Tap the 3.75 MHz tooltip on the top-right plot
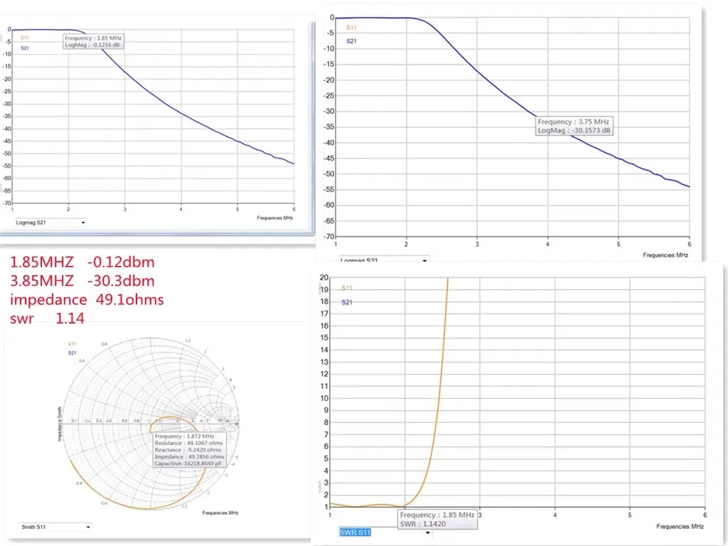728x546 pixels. (x=574, y=126)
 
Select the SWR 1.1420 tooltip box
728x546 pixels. (x=437, y=519)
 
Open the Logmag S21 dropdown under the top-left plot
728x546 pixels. (x=50, y=223)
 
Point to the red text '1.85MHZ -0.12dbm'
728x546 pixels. (x=82, y=262)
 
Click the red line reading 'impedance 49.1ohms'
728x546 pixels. (x=87, y=300)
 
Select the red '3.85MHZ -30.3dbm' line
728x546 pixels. (x=82, y=281)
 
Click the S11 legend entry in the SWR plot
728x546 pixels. (x=347, y=289)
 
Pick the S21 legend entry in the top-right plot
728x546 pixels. (x=351, y=41)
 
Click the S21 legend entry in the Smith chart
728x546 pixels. (x=72, y=353)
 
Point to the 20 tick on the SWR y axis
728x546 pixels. (x=324, y=277)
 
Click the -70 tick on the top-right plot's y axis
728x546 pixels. (x=328, y=236)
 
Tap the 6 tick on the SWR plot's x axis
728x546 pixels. (x=704, y=515)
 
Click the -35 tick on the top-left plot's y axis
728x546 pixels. (x=7, y=117)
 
